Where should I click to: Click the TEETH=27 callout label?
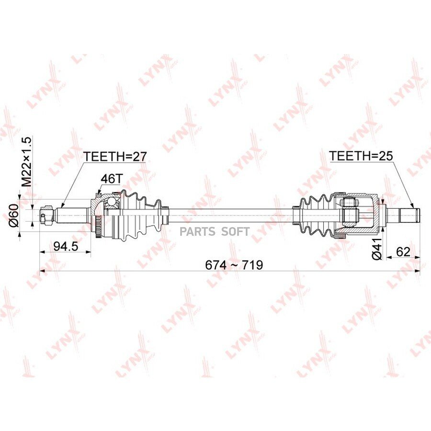click(x=115, y=157)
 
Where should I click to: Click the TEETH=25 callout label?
click(x=361, y=156)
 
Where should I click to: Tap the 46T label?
click(x=111, y=179)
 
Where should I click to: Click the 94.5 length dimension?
click(x=66, y=246)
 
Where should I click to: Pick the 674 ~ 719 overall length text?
click(x=234, y=265)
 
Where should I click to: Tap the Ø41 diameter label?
click(x=377, y=249)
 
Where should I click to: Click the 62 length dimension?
click(x=403, y=251)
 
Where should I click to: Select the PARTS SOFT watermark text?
click(x=215, y=232)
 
